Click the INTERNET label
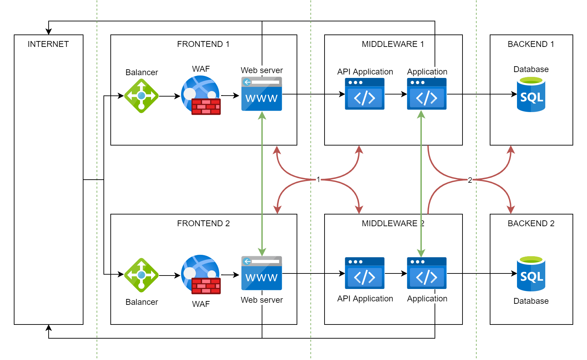[x=48, y=44]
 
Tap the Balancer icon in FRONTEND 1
[x=141, y=96]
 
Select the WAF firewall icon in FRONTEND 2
[x=201, y=274]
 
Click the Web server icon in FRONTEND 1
[x=261, y=94]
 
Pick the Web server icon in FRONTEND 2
[x=261, y=273]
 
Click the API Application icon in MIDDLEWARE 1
[x=365, y=94]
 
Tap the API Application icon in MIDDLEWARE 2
[x=365, y=273]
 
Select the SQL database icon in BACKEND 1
[x=531, y=94]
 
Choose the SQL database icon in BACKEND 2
[x=531, y=274]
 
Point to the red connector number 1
[x=318, y=179]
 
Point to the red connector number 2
[x=470, y=180]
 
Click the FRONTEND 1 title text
[x=203, y=44]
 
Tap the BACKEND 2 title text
[x=531, y=223]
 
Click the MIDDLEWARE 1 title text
[x=393, y=44]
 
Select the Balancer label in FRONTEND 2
[x=141, y=302]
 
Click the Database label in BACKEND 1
[x=531, y=69]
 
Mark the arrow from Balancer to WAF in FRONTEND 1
[x=170, y=96]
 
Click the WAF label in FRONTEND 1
[x=201, y=69]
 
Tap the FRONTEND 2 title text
[x=203, y=223]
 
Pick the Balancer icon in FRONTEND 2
[x=141, y=275]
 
